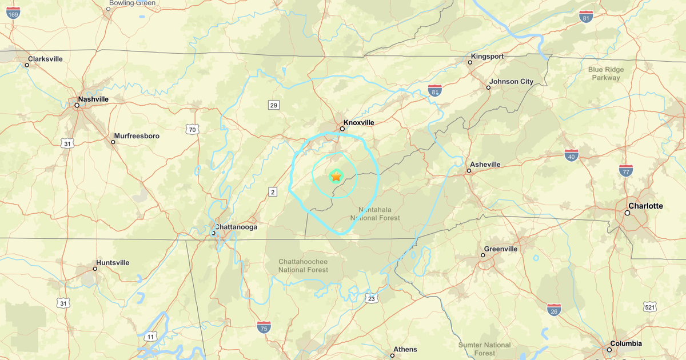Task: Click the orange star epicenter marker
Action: [336, 177]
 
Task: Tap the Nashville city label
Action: [93, 99]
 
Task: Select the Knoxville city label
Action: [358, 122]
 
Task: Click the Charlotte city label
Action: [645, 206]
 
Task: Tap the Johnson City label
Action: [511, 81]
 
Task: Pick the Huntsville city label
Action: [113, 262]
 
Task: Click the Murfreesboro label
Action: [137, 136]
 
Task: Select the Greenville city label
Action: [501, 249]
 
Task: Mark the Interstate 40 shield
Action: [571, 154]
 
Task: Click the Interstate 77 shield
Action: [625, 170]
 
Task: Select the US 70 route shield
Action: [193, 130]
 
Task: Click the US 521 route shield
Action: [649, 307]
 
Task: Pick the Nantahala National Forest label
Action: [376, 213]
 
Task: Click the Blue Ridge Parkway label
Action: [606, 74]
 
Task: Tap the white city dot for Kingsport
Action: [471, 62]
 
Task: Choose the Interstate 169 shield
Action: [13, 13]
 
